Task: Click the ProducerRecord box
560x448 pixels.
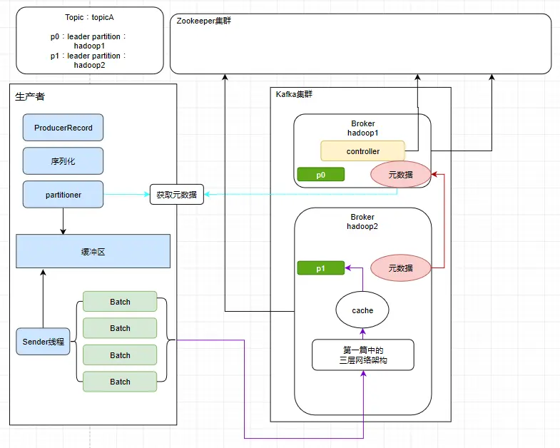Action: click(63, 128)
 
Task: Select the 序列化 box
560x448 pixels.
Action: click(63, 161)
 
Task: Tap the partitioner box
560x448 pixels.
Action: click(63, 194)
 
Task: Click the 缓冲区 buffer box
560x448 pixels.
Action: click(93, 251)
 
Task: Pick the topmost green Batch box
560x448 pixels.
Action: click(120, 302)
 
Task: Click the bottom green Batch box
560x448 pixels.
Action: click(120, 382)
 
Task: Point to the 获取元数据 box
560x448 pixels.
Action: click(176, 195)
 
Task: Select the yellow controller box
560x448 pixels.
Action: click(362, 151)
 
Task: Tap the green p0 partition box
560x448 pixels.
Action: click(320, 174)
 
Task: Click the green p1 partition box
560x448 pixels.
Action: click(320, 268)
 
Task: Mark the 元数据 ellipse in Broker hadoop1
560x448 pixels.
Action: click(401, 174)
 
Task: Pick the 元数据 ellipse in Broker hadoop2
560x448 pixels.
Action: click(401, 268)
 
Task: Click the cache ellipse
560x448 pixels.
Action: click(362, 310)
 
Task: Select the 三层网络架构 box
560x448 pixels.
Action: click(362, 355)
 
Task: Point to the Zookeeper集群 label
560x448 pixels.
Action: click(203, 21)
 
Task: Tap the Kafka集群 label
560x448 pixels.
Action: click(294, 94)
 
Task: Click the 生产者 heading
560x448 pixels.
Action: click(30, 96)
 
